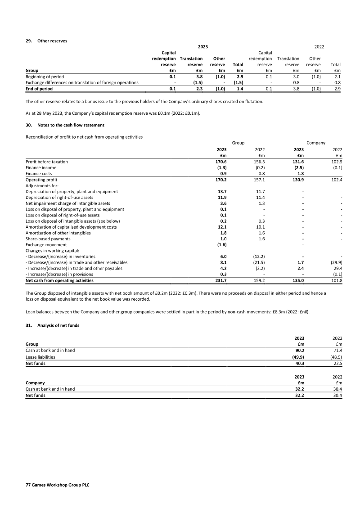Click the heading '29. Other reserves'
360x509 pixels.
click(x=46, y=41)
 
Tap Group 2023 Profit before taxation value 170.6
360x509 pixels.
click(x=221, y=161)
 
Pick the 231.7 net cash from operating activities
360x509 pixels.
click(x=221, y=280)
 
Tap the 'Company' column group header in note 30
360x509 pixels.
click(x=316, y=143)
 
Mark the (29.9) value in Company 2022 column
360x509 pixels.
click(x=336, y=262)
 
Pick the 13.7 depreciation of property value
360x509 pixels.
click(x=221, y=191)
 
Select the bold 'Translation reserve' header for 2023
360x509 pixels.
click(x=191, y=61)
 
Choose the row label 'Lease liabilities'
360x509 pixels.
click(x=40, y=357)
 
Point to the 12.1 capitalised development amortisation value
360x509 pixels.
click(x=221, y=227)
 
